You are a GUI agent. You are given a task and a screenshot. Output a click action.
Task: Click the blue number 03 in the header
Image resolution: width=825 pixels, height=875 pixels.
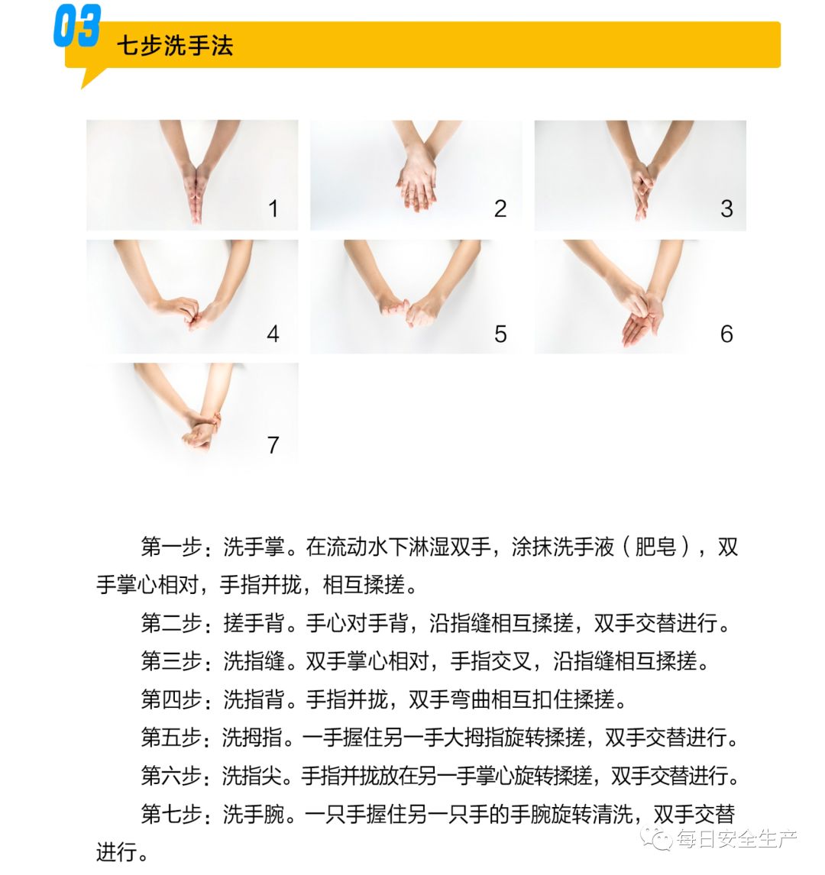click(x=77, y=26)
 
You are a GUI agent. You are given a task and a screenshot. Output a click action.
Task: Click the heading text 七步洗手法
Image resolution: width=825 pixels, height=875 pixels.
click(x=175, y=45)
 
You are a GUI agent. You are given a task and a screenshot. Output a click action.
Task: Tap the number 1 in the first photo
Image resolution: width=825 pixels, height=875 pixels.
click(x=273, y=208)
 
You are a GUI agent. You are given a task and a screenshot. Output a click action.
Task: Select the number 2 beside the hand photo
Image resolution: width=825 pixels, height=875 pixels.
click(x=500, y=208)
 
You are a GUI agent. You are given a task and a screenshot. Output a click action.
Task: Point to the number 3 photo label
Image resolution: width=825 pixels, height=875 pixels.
click(x=726, y=208)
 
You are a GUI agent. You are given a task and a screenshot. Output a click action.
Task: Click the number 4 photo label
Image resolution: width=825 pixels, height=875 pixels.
click(x=273, y=334)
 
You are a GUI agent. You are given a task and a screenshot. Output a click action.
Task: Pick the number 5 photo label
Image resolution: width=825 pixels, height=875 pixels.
click(x=500, y=334)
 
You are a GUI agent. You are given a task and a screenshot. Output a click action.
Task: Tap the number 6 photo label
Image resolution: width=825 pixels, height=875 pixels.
click(x=726, y=334)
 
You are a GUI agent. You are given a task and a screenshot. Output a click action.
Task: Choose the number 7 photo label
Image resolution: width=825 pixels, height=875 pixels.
click(x=273, y=445)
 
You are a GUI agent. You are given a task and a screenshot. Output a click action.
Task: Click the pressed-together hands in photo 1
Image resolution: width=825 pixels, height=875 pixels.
click(x=195, y=192)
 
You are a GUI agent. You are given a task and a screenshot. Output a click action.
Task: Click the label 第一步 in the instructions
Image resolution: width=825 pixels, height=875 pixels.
click(x=171, y=547)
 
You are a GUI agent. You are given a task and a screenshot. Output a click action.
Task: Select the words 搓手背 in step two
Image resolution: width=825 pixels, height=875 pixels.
click(x=254, y=623)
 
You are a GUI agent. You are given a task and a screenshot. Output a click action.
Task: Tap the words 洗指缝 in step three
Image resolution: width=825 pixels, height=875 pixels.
click(x=254, y=660)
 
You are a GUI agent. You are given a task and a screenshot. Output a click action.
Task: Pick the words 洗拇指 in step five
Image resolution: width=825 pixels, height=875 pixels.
click(x=253, y=737)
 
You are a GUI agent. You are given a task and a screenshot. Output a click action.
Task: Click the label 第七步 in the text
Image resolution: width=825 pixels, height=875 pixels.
click(x=171, y=814)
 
